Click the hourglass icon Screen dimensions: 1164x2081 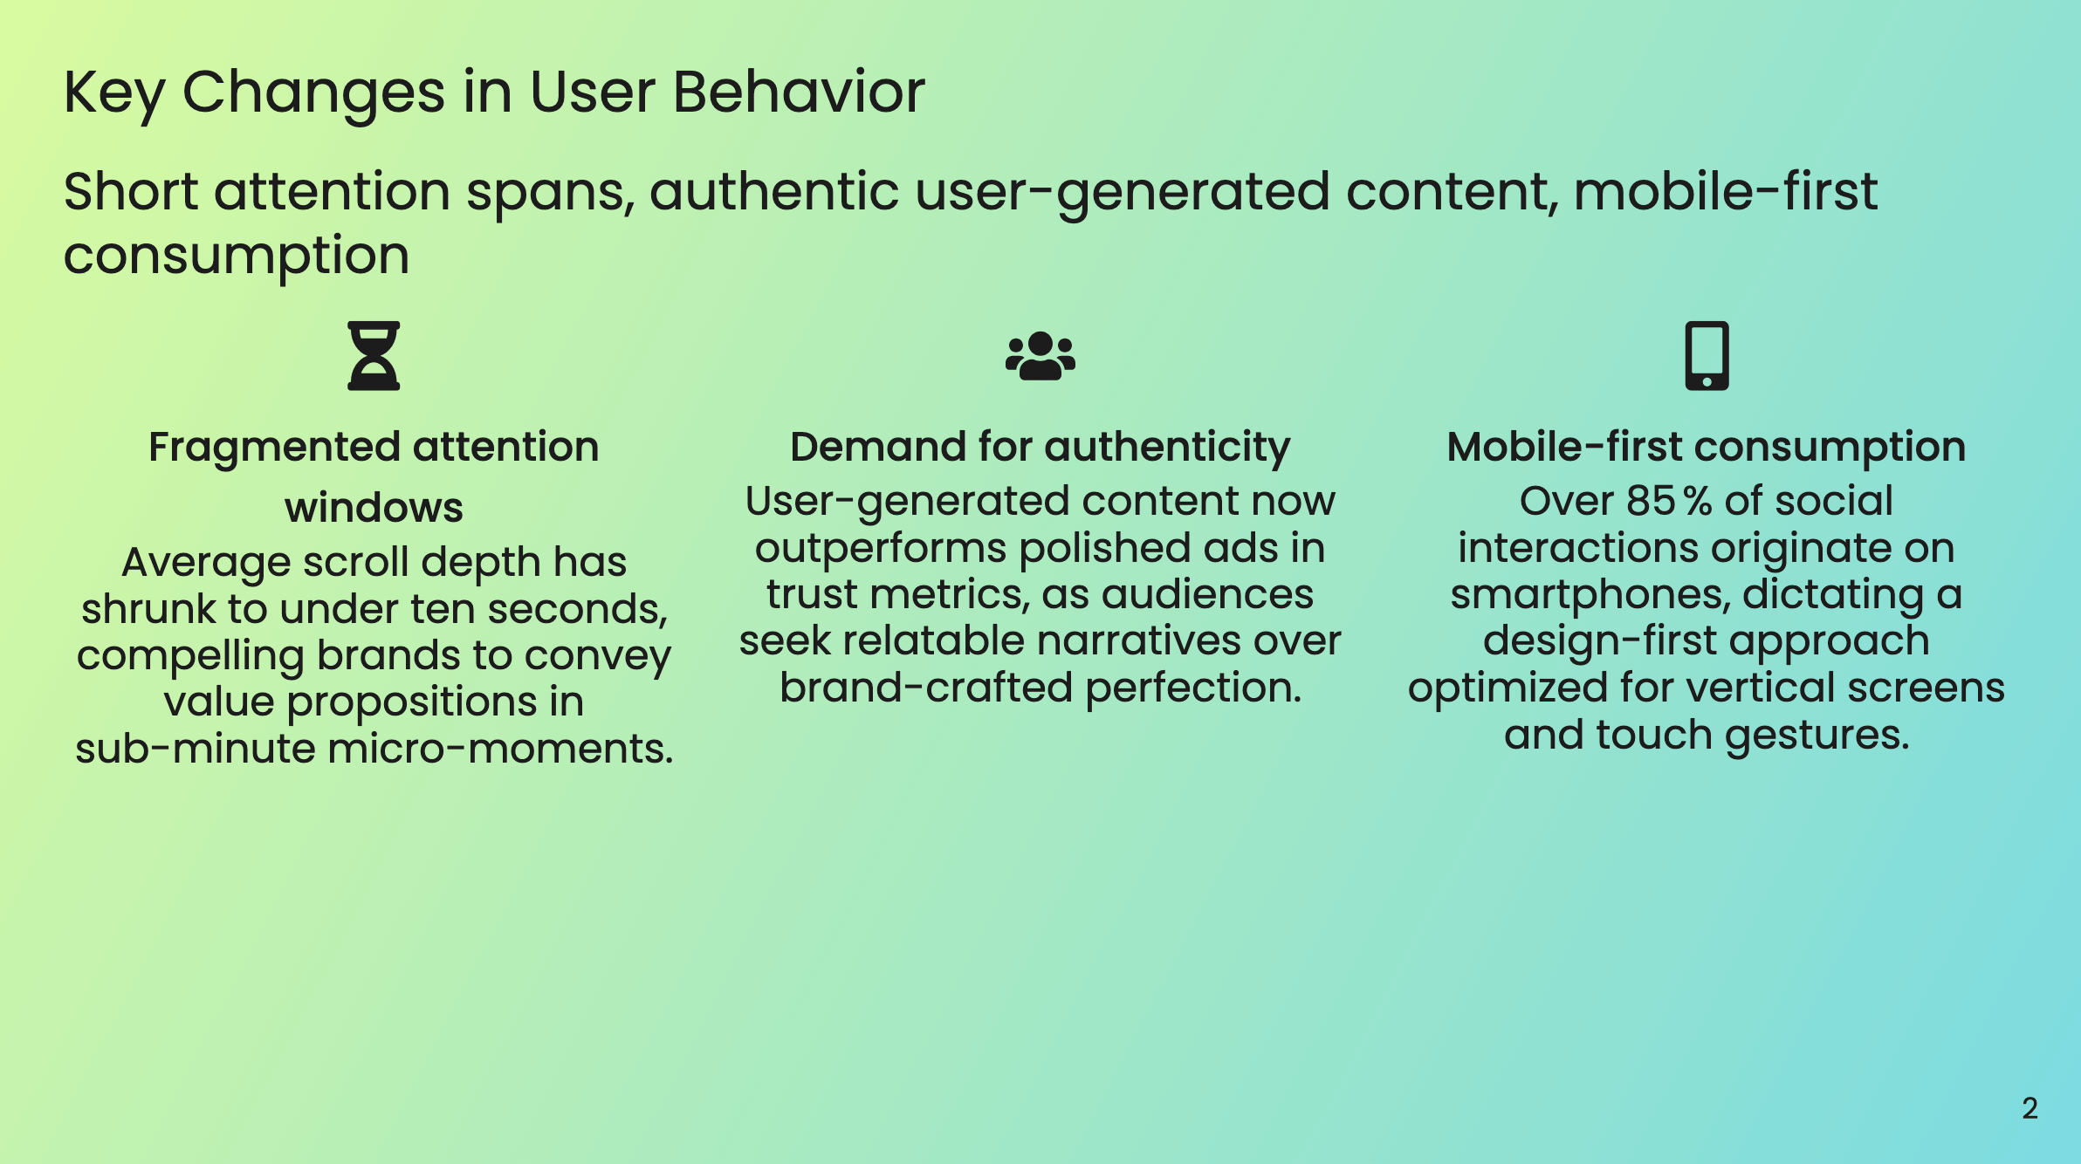tap(374, 355)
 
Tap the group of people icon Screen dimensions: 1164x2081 tap(1040, 356)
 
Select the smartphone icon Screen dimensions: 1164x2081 tap(1707, 355)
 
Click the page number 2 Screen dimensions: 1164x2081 tap(2029, 1108)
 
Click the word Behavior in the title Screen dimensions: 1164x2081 tap(798, 92)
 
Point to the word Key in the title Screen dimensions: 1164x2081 tap(113, 93)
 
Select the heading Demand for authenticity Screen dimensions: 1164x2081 tap(1040, 448)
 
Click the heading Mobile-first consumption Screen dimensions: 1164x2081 tap(1706, 448)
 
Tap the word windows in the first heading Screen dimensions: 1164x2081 tap(374, 508)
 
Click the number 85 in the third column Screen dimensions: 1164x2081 tap(1650, 502)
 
